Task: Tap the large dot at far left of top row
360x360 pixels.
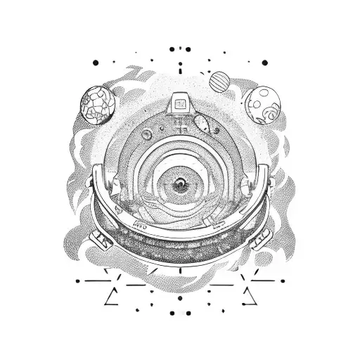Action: click(x=96, y=63)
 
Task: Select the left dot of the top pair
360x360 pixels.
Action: click(x=172, y=49)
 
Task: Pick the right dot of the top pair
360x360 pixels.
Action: click(x=188, y=49)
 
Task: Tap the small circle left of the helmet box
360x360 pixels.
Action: click(x=146, y=131)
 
